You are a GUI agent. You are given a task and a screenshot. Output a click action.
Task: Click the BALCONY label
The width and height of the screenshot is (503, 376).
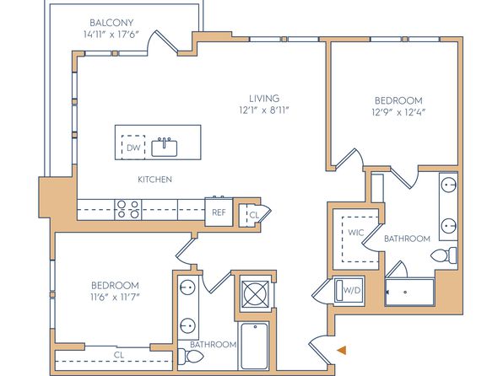pos(111,23)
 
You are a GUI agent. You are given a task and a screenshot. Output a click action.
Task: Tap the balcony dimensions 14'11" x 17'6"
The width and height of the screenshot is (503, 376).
pos(111,35)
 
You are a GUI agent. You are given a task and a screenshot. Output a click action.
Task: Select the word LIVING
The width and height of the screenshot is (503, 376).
pos(264,98)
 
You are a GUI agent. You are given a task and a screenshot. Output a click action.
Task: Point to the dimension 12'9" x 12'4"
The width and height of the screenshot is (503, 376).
pos(398,112)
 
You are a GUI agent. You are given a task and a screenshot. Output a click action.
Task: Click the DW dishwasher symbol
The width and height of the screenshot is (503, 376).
pos(133,148)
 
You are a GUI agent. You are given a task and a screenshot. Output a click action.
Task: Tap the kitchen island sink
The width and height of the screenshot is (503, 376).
pos(165,148)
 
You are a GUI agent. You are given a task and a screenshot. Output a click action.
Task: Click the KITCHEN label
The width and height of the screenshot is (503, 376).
pos(154,180)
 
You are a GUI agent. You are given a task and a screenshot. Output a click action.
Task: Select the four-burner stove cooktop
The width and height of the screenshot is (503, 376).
pos(128,210)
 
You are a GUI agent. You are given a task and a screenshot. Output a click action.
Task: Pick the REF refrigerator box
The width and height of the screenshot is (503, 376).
pos(219,212)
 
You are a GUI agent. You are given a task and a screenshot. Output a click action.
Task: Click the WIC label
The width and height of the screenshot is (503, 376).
pos(356,233)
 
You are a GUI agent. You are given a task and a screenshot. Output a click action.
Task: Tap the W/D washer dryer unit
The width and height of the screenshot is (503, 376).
pos(349,291)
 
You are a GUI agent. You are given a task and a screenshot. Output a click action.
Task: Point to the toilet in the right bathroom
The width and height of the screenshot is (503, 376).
pos(444,255)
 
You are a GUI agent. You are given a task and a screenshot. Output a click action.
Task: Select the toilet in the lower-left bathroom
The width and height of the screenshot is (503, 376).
pos(191,357)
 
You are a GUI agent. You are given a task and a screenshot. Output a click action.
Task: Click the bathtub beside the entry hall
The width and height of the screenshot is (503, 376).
pos(254,346)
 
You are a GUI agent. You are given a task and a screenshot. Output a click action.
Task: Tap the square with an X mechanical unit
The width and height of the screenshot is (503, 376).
pos(255,293)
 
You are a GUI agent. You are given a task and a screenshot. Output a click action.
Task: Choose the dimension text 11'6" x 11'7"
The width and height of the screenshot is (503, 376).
pos(115,298)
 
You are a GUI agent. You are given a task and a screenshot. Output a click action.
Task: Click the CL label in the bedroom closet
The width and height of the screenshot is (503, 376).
pos(119,355)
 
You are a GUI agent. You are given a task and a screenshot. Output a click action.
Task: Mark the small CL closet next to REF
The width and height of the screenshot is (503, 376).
pos(253,215)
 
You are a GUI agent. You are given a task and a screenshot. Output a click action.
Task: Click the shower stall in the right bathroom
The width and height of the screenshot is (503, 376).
pos(409,293)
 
